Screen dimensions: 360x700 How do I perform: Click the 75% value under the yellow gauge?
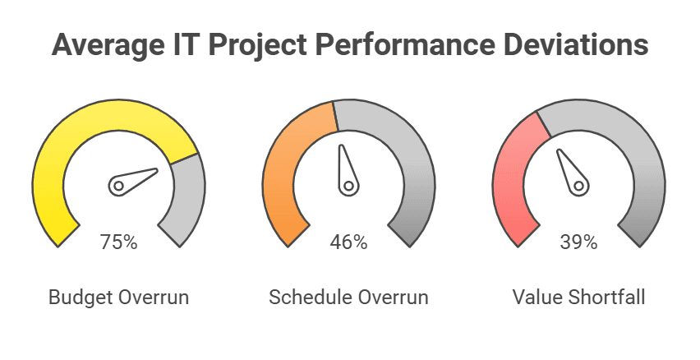coord(118,242)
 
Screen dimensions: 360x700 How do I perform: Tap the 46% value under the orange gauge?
coord(348,242)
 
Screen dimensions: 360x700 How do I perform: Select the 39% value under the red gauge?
coord(579,242)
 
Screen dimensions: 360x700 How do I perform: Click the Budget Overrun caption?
coord(119,297)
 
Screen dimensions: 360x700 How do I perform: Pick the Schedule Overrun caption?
coord(348,297)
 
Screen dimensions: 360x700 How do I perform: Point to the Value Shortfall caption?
coord(578,297)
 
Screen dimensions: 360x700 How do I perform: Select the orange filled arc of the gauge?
coord(283,164)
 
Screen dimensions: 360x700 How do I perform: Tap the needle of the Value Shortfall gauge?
coord(572,171)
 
